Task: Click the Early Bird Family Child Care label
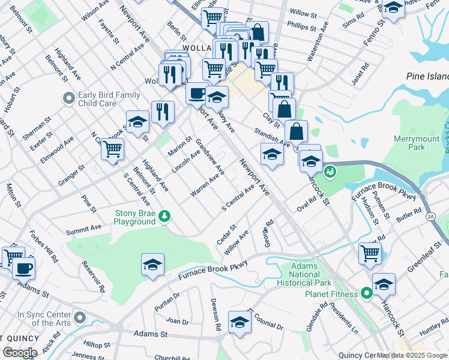pyautogui.click(x=109, y=99)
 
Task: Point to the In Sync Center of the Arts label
pyautogui.click(x=44, y=319)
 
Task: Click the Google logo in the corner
pyautogui.click(x=19, y=353)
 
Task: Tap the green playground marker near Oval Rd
pyautogui.click(x=330, y=173)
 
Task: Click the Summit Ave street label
pyautogui.click(x=84, y=229)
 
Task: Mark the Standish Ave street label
pyautogui.click(x=272, y=138)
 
